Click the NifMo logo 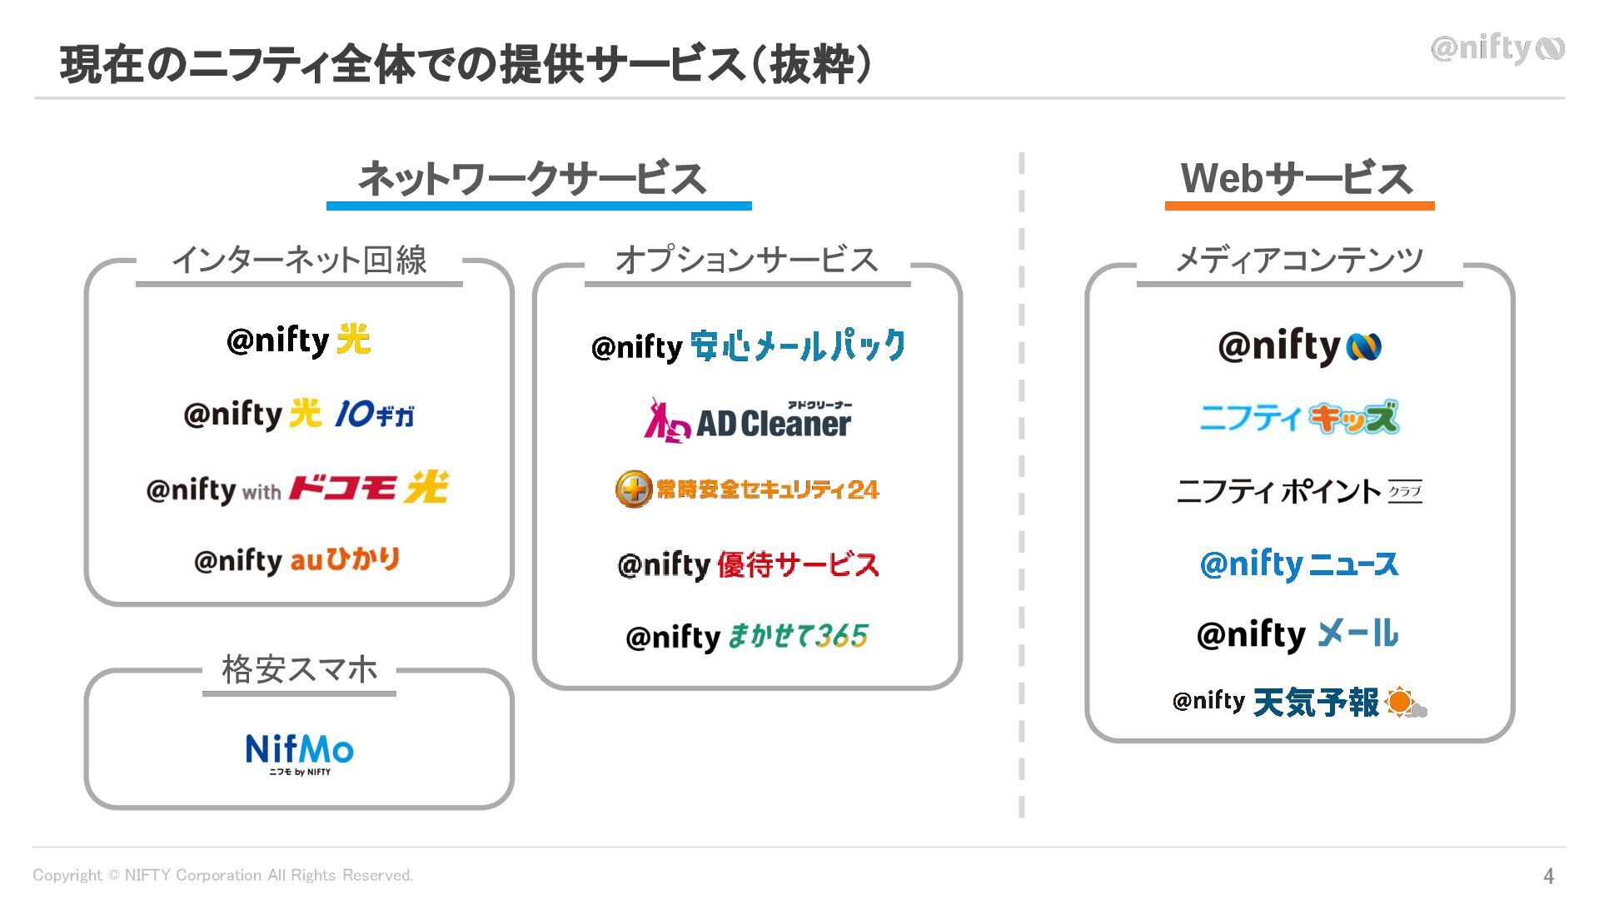tap(299, 752)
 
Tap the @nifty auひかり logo tap(296, 560)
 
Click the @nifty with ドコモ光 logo tap(296, 489)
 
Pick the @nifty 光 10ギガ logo tap(299, 414)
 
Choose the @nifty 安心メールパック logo tap(747, 346)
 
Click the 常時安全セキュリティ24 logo tap(747, 489)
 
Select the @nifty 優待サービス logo tap(747, 565)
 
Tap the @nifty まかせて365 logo tap(747, 637)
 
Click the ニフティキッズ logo tap(1298, 417)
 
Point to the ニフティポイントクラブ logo tap(1298, 491)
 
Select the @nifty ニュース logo tap(1298, 564)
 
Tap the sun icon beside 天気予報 tap(1402, 703)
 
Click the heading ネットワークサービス tap(532, 178)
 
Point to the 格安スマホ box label tap(299, 669)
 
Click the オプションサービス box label tap(746, 260)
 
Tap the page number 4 tap(1548, 876)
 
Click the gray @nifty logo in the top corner tap(1497, 49)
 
